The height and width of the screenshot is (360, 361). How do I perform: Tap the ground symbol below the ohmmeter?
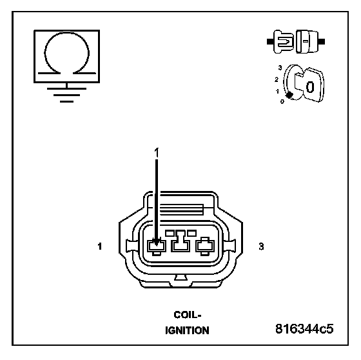[67, 93]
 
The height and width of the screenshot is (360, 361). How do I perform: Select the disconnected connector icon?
[296, 42]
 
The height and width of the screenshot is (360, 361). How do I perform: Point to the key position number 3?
[280, 68]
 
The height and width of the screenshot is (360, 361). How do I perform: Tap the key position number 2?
[277, 80]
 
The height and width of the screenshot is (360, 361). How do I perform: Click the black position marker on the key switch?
[289, 95]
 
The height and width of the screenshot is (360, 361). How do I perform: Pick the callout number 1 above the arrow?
[157, 153]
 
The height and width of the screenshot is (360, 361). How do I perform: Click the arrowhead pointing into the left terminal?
[157, 242]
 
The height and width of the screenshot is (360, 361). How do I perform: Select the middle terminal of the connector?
[180, 241]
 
